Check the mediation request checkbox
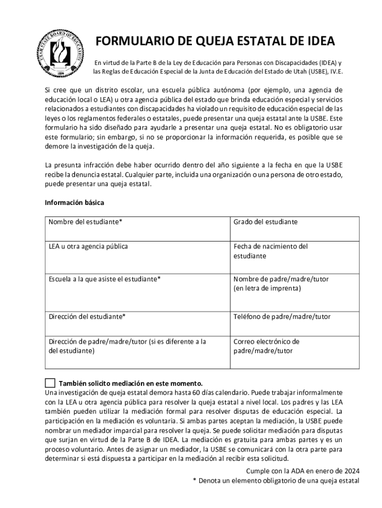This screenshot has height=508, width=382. [x=50, y=383]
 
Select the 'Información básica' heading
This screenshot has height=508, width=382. [x=74, y=203]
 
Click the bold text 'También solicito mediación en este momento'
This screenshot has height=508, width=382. [x=131, y=383]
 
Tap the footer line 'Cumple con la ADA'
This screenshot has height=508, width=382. [x=303, y=471]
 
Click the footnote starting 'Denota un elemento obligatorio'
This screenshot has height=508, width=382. [x=278, y=481]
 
